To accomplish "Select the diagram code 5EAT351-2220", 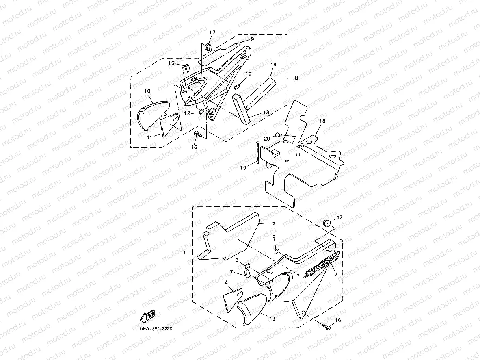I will (156, 328).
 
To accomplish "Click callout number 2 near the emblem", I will (336, 275).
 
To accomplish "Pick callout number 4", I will (226, 282).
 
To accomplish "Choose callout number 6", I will (273, 223).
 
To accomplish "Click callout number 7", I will (232, 272).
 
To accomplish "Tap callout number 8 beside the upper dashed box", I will (296, 78).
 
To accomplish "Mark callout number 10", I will (147, 91).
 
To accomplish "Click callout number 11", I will (149, 137).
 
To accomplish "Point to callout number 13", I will (266, 113).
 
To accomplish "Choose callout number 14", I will (273, 64).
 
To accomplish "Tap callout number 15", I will (171, 63).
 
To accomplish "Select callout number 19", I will (243, 167).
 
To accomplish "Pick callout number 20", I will (267, 139).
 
